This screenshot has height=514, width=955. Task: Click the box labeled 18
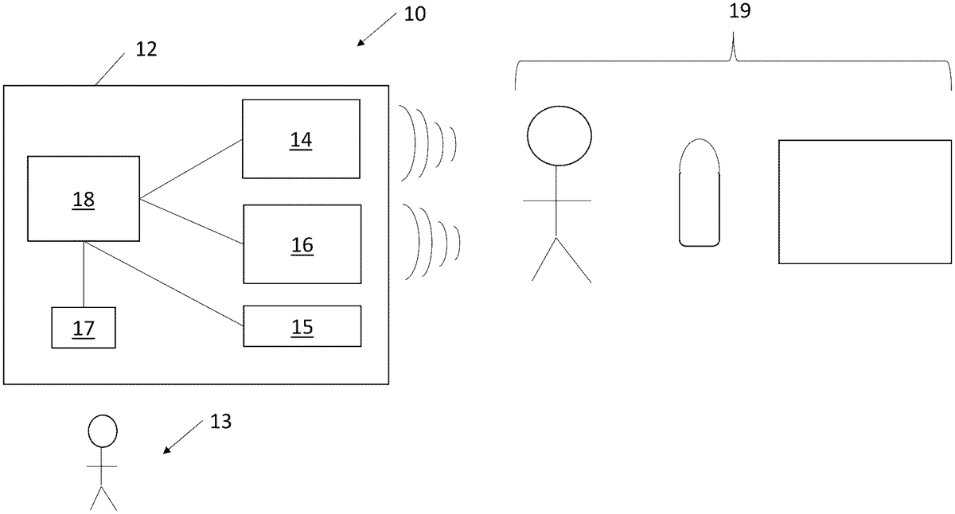84,199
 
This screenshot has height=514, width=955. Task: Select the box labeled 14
301,139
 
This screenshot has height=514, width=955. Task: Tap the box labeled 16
302,244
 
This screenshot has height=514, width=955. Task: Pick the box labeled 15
302,326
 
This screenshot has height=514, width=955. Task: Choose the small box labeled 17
84,327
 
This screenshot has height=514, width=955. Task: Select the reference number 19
739,10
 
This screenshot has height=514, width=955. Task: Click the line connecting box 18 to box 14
191,169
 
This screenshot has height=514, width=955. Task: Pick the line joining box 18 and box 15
163,283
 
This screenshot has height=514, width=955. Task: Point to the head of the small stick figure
102,431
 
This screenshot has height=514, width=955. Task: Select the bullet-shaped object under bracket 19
700,193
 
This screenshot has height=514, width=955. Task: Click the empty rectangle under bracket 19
864,201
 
